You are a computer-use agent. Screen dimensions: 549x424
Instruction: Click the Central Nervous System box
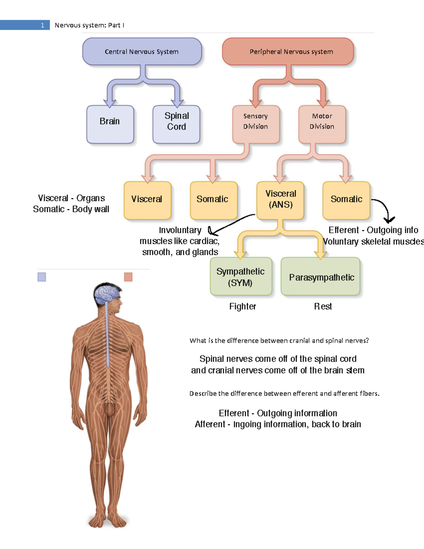pyautogui.click(x=142, y=52)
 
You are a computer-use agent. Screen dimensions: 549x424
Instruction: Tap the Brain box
pyautogui.click(x=110, y=124)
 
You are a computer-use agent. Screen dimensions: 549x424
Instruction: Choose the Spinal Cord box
pyautogui.click(x=176, y=124)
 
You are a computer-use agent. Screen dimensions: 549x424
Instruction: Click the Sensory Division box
pyautogui.click(x=256, y=124)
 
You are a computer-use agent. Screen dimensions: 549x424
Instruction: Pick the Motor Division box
pyautogui.click(x=322, y=124)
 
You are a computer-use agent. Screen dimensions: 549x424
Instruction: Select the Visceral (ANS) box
pyautogui.click(x=281, y=200)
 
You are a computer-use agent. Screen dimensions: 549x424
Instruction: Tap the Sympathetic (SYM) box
pyautogui.click(x=241, y=276)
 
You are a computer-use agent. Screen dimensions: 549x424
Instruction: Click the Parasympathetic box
pyautogui.click(x=320, y=276)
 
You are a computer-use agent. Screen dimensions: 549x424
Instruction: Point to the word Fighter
pyautogui.click(x=242, y=306)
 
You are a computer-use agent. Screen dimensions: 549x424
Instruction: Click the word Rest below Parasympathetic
pyautogui.click(x=323, y=306)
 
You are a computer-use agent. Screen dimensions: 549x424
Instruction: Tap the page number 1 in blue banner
pyautogui.click(x=42, y=25)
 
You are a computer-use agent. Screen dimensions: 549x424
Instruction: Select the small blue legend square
pyautogui.click(x=42, y=277)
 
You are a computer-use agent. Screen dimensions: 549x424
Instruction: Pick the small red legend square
pyautogui.click(x=128, y=277)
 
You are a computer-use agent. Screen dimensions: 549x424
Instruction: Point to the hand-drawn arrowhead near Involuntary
pyautogui.click(x=212, y=232)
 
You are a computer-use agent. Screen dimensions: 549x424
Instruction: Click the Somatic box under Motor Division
pyautogui.click(x=346, y=200)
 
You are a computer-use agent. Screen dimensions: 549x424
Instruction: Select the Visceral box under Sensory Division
pyautogui.click(x=147, y=200)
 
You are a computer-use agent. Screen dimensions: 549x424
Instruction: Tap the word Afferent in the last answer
pyautogui.click(x=210, y=424)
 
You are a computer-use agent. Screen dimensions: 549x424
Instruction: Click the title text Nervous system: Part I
pyautogui.click(x=89, y=25)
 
